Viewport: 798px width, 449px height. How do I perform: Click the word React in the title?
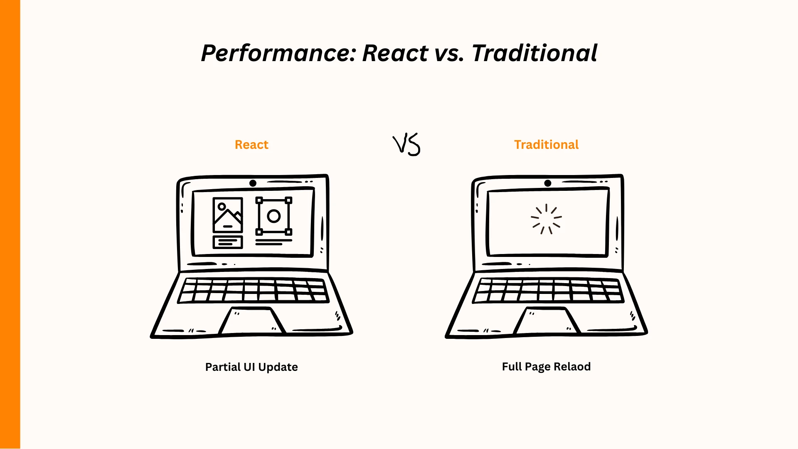click(395, 53)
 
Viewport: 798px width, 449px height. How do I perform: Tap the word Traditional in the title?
click(535, 53)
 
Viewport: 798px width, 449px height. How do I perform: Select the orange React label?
click(251, 145)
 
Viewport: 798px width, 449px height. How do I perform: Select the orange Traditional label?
click(546, 145)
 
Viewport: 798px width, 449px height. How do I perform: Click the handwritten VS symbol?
click(406, 145)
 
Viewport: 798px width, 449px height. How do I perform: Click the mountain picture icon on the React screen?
click(228, 215)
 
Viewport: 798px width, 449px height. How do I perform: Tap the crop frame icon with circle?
click(273, 216)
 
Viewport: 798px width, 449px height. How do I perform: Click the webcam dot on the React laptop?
click(253, 183)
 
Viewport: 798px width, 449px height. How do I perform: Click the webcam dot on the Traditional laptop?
click(548, 183)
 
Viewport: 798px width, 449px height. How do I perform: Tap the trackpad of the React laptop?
click(252, 321)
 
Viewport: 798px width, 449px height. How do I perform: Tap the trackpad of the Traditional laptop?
click(547, 321)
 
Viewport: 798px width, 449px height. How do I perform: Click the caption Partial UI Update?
click(251, 367)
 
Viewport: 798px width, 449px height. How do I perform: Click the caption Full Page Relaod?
click(546, 367)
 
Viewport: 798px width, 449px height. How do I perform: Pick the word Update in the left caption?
click(278, 367)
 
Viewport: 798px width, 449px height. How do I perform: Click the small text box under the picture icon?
click(228, 242)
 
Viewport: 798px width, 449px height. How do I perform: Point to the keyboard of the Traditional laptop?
click(548, 290)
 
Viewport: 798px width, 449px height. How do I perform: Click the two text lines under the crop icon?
click(273, 242)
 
